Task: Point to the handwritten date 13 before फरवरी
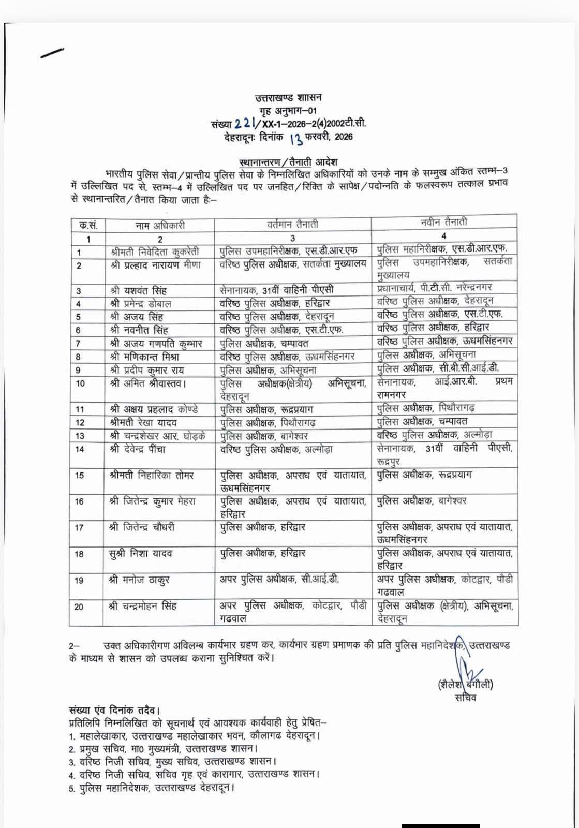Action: pyautogui.click(x=296, y=138)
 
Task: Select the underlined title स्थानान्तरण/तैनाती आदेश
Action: pyautogui.click(x=289, y=162)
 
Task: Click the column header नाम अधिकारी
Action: pyautogui.click(x=160, y=226)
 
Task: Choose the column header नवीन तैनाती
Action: pyautogui.click(x=444, y=222)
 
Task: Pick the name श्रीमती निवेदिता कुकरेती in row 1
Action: pyautogui.click(x=155, y=252)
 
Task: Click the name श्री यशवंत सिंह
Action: pyautogui.click(x=138, y=290)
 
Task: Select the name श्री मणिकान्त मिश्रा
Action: pyautogui.click(x=147, y=357)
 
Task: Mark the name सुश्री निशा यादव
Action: pyautogui.click(x=141, y=553)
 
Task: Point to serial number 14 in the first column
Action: pyautogui.click(x=79, y=449)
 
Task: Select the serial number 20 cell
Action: pyautogui.click(x=79, y=606)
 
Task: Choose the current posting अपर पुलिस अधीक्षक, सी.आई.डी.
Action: pyautogui.click(x=279, y=579)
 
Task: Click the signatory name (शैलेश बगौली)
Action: pyautogui.click(x=465, y=684)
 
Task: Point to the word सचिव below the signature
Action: pyautogui.click(x=465, y=698)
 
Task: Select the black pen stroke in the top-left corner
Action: pyautogui.click(x=52, y=53)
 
